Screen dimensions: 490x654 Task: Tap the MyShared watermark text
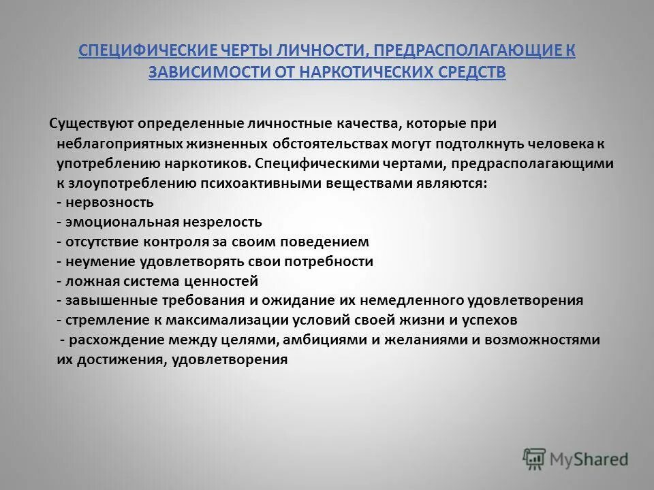590,459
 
